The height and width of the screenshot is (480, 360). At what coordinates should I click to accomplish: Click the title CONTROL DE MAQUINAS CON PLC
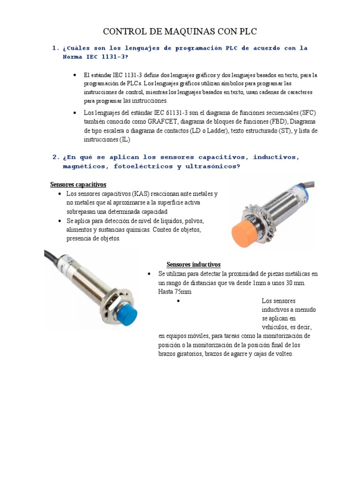coord(180,32)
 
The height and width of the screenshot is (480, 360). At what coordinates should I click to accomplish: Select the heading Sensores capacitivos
coord(78,184)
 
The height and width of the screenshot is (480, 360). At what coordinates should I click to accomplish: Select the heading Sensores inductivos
coord(194,264)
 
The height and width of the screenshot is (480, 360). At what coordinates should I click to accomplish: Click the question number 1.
coord(55,48)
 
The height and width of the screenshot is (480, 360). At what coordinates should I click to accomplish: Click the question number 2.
coord(55,157)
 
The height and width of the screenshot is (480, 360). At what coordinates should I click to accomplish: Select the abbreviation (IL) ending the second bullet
coord(125,140)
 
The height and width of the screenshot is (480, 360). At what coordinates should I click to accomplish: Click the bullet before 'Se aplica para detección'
coord(60,221)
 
